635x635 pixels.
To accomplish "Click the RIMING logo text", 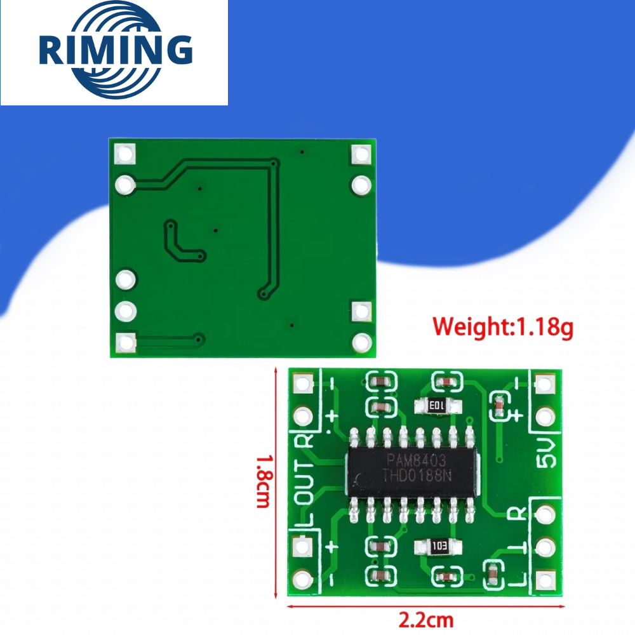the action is (116, 50).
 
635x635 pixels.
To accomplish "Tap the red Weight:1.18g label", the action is (502, 327).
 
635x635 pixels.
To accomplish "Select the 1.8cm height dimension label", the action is (264, 481).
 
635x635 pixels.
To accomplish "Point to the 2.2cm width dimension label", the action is (426, 620).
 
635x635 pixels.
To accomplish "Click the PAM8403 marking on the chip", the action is (416, 460).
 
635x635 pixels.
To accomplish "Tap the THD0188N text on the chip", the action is (417, 475).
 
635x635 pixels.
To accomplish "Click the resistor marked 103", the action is (438, 547).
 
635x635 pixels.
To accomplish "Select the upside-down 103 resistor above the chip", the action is (438, 405).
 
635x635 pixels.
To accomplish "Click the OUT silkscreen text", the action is (305, 481).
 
